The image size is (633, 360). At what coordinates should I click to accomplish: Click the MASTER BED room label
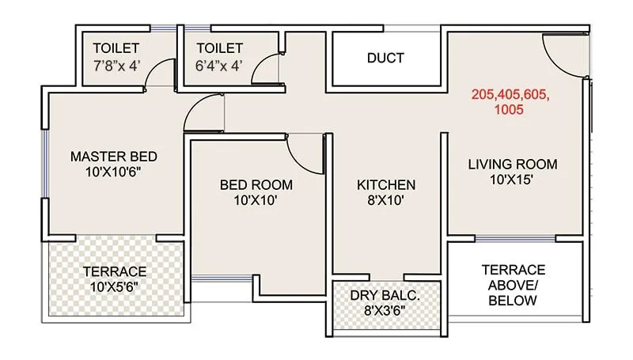pyautogui.click(x=114, y=155)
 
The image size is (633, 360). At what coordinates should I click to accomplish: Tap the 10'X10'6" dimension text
pyautogui.click(x=114, y=170)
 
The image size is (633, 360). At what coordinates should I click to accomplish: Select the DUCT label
pyautogui.click(x=385, y=58)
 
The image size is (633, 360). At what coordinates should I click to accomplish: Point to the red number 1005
pyautogui.click(x=509, y=110)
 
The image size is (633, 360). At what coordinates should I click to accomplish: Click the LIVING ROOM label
pyautogui.click(x=513, y=165)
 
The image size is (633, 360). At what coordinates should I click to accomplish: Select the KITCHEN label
pyautogui.click(x=386, y=185)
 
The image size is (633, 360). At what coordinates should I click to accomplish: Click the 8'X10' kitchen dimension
pyautogui.click(x=385, y=200)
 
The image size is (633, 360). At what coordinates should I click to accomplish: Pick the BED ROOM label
pyautogui.click(x=256, y=185)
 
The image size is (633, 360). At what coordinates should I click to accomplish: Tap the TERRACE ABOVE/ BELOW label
pyautogui.click(x=513, y=285)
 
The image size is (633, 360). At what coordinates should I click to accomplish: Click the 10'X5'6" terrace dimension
pyautogui.click(x=115, y=286)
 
